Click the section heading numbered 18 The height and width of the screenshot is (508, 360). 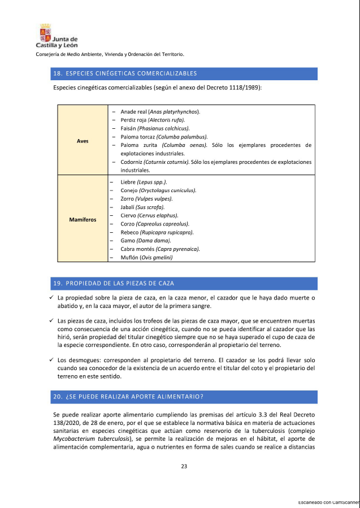124,73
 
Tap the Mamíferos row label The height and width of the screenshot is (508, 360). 82,219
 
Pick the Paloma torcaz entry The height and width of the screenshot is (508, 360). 164,137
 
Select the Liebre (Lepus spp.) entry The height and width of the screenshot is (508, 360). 144,182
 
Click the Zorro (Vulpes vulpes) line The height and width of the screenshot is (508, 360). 146,199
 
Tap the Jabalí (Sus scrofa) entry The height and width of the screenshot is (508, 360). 142,207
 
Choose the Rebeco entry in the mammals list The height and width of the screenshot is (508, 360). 157,232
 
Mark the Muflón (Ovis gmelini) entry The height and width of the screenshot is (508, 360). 146,258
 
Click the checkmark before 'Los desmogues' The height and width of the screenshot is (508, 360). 51,360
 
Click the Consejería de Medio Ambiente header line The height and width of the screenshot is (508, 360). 110,54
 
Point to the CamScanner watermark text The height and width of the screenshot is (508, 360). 328,502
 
